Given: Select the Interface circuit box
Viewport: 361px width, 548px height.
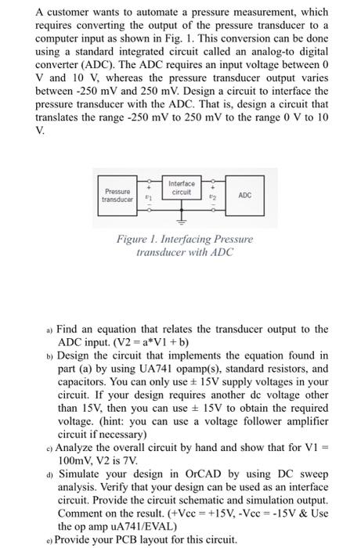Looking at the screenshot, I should pos(180,189).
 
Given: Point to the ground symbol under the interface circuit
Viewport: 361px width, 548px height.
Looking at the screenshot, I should pos(181,222).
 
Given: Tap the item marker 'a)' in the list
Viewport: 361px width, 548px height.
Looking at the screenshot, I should pos(39,330).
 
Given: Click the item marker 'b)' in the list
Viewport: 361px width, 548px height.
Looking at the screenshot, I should pos(39,355).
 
